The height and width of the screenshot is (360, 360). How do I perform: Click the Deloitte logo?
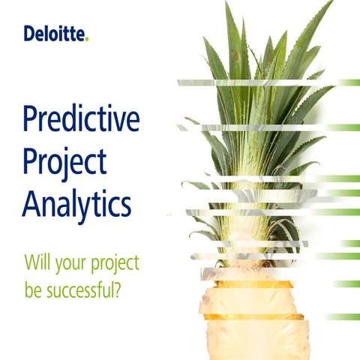tap(55, 34)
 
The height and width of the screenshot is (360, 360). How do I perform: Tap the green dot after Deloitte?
tap(86, 39)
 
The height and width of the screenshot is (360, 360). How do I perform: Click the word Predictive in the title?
tap(81, 121)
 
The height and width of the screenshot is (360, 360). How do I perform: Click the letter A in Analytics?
tap(31, 202)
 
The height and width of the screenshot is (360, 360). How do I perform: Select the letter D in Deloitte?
tap(28, 34)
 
